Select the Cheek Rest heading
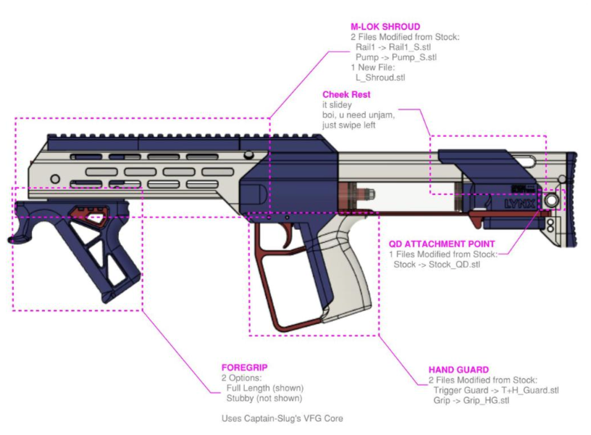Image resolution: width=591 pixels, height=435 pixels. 346,94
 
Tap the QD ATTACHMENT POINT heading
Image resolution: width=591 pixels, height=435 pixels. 442,244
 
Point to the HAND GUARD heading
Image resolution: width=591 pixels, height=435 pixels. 458,370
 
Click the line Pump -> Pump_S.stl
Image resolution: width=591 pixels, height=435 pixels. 395,57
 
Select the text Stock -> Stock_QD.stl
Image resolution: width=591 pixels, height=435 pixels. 436,265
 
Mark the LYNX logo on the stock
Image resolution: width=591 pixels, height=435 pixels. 521,204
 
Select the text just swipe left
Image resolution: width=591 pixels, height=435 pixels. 352,125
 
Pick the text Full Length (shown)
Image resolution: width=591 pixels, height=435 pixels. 265,388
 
